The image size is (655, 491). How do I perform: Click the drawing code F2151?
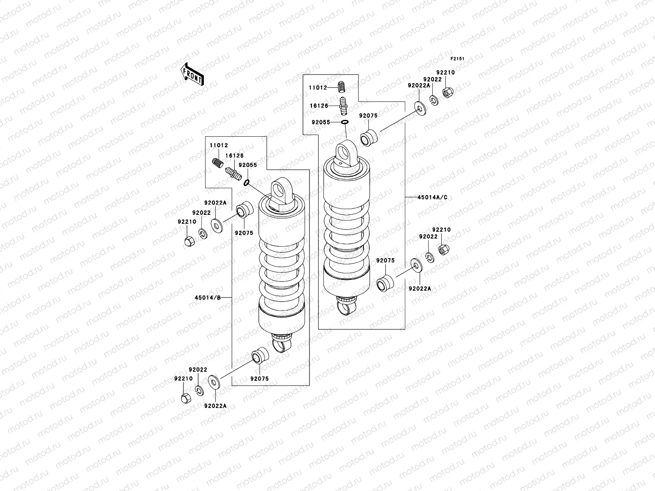coord(457,59)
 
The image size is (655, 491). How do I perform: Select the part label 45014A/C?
coord(432,197)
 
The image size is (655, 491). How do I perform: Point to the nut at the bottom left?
coord(185,398)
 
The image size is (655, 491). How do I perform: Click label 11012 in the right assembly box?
coord(318,87)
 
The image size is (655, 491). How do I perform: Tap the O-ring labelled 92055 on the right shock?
coord(345,122)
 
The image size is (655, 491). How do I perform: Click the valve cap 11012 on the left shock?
coord(217,162)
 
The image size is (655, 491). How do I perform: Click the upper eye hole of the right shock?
coord(345,153)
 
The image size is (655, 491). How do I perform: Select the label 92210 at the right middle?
coord(441,230)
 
